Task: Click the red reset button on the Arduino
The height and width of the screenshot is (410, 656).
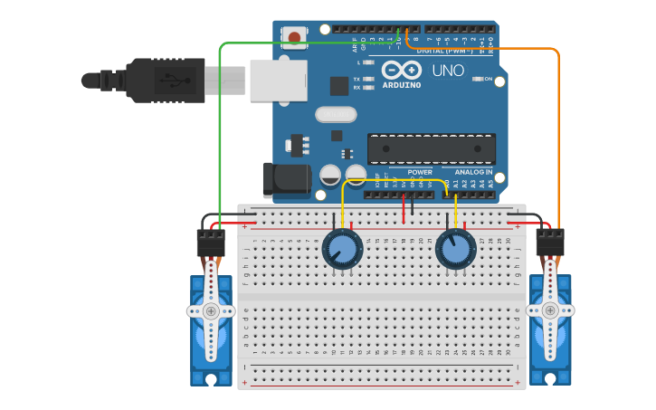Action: point(294,37)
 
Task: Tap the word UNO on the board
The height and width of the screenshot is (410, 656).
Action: point(448,71)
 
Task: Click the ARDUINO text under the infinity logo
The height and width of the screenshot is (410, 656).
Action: point(401,85)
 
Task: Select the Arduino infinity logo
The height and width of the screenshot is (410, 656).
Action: point(401,70)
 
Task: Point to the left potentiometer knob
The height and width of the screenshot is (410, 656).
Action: point(342,248)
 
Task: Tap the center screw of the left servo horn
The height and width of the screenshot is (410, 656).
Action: point(211,310)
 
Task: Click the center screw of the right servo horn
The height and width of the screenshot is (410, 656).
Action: point(549,310)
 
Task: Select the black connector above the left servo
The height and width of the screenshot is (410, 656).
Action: point(211,242)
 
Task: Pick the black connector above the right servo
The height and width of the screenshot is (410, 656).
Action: point(549,242)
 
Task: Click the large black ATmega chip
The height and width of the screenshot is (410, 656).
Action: point(431,148)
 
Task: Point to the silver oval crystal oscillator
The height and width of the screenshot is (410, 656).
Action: point(336,114)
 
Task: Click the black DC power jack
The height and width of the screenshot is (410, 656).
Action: point(284,179)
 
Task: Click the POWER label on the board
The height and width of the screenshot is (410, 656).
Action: point(420,171)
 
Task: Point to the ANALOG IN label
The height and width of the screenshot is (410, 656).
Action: point(473,171)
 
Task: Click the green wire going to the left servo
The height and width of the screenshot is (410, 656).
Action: point(220,136)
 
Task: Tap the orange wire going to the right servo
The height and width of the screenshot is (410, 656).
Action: point(558,136)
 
